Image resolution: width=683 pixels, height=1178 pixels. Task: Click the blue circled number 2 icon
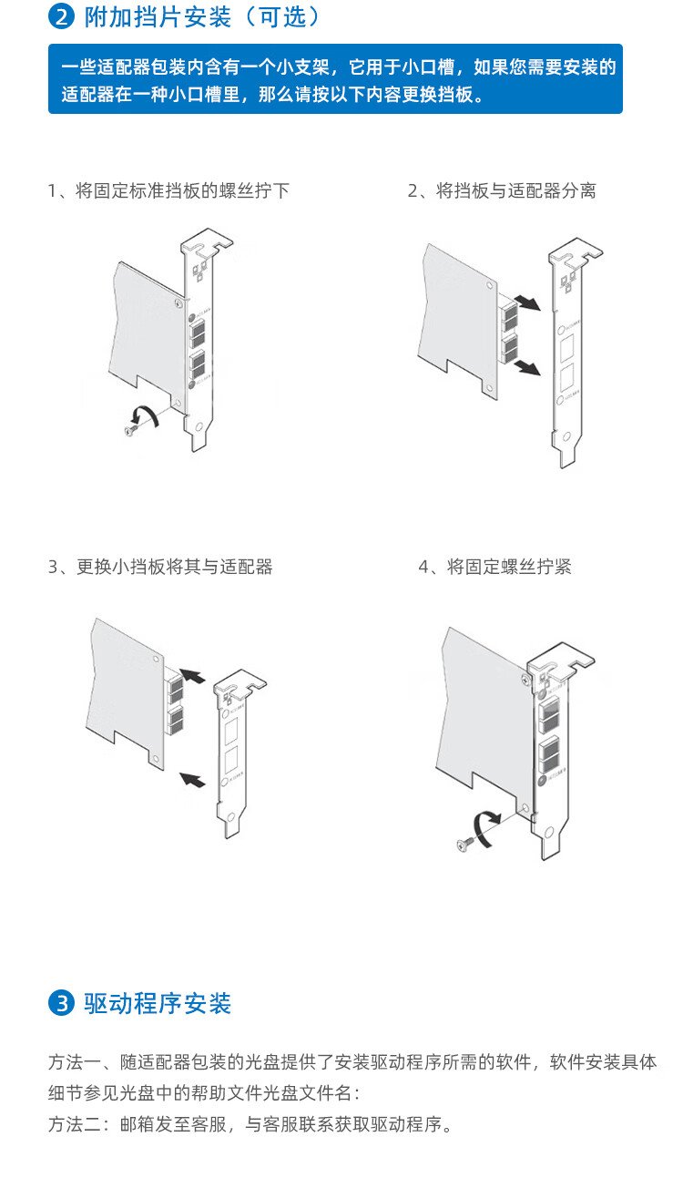tap(62, 16)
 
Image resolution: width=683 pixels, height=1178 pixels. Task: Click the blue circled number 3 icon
tap(62, 1004)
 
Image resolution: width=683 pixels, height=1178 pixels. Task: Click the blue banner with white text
tap(335, 79)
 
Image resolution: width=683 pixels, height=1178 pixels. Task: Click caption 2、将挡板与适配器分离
tap(502, 191)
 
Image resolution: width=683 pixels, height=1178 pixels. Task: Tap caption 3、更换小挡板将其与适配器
tap(160, 567)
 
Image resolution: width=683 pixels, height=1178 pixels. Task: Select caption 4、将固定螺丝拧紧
tap(495, 567)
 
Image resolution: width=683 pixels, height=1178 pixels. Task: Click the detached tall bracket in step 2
tap(568, 355)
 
